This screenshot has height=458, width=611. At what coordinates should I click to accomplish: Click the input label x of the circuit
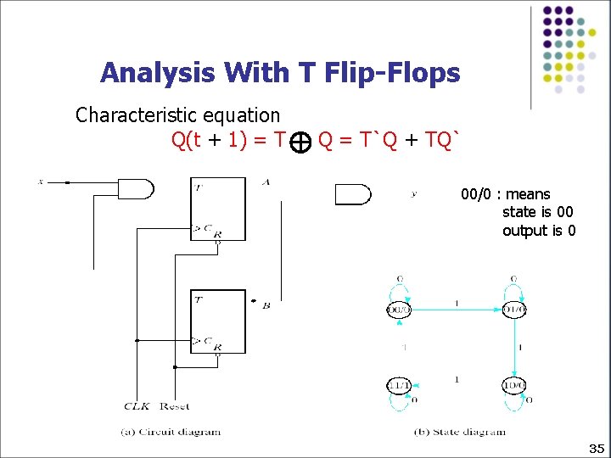(40, 181)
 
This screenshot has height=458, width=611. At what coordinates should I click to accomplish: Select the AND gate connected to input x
(134, 188)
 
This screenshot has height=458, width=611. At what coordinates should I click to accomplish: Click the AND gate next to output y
(352, 194)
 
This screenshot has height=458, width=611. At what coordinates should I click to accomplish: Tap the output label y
(413, 193)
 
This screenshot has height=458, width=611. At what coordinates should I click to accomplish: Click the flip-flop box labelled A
(217, 209)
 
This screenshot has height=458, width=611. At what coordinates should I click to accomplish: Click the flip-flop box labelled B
(217, 322)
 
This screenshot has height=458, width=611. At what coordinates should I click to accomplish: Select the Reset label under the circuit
(174, 405)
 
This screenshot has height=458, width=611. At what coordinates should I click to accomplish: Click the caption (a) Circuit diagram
(171, 431)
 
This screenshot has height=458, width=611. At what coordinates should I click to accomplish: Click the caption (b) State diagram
(459, 431)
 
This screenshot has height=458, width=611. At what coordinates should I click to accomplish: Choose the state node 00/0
(399, 310)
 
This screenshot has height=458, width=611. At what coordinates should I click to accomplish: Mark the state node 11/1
(399, 385)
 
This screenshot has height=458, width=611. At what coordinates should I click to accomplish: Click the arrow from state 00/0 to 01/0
(456, 310)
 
